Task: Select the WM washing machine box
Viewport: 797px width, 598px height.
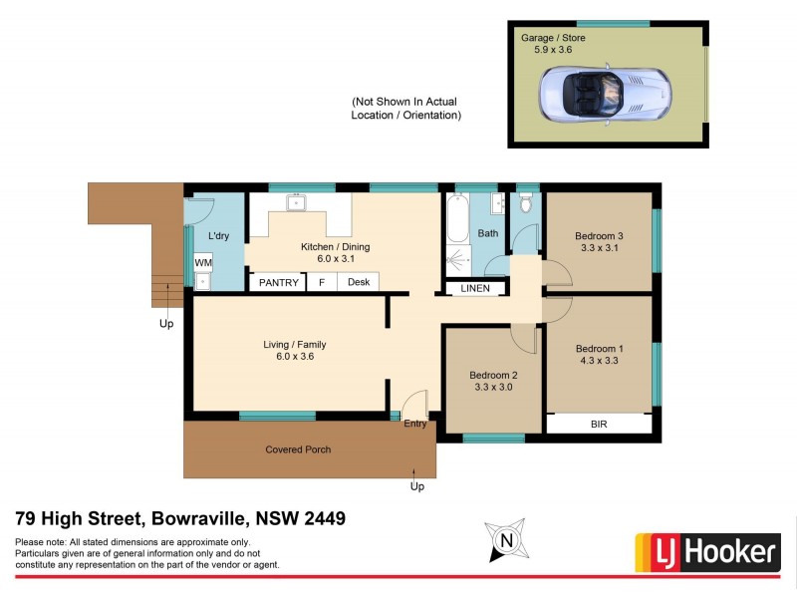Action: click(203, 262)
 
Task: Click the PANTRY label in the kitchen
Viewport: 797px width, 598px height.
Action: click(279, 282)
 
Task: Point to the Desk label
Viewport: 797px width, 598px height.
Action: click(359, 282)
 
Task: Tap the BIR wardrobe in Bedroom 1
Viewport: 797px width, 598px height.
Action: click(599, 425)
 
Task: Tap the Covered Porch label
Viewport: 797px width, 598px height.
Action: click(298, 449)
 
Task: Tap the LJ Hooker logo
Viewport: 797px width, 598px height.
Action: click(706, 551)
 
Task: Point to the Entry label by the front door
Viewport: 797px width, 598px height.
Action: click(415, 424)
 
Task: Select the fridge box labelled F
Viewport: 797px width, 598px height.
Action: click(322, 282)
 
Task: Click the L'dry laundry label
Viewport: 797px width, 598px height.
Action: click(219, 236)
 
